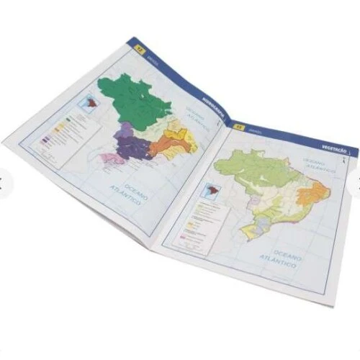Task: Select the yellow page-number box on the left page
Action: pos(138,48)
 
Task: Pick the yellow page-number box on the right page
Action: pos(239,128)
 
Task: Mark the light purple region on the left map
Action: pos(125,132)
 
